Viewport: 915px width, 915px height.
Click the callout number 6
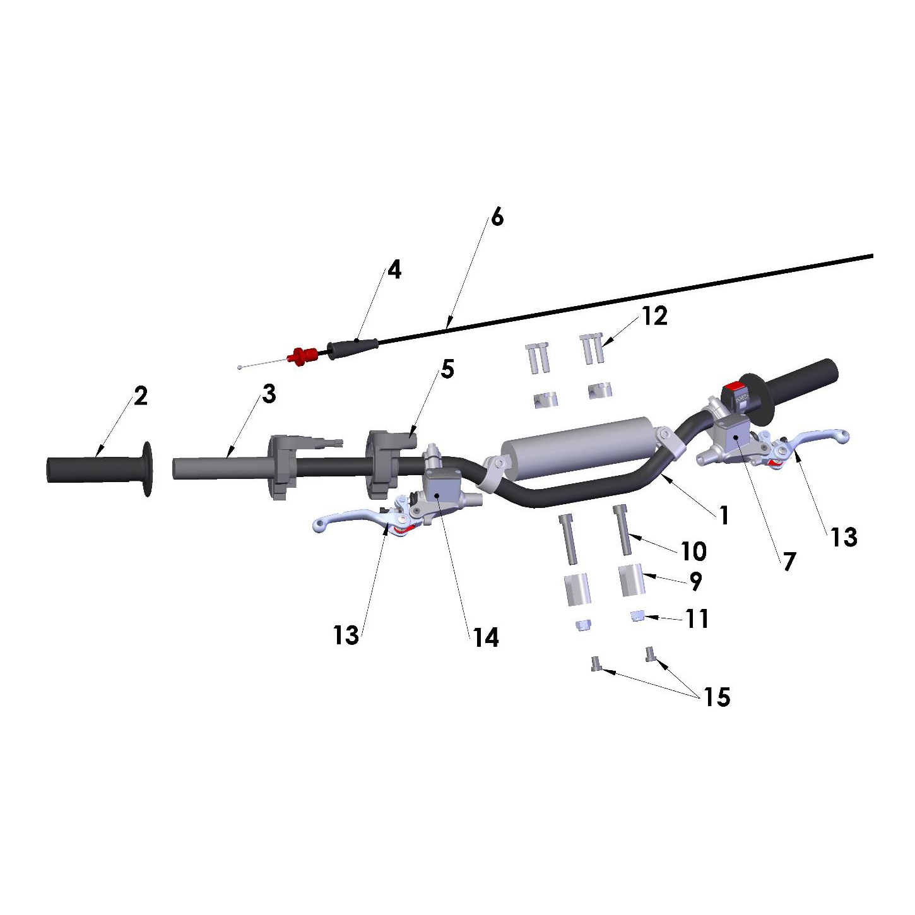coord(497,217)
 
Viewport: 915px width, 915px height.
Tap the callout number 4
coord(394,270)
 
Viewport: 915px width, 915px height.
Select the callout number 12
coord(655,316)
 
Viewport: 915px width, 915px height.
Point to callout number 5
coord(447,369)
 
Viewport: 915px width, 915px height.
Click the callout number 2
coord(141,396)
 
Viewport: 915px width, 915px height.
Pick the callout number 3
coord(269,394)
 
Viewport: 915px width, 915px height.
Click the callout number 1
coord(724,515)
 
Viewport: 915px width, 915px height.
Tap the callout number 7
coord(789,562)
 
